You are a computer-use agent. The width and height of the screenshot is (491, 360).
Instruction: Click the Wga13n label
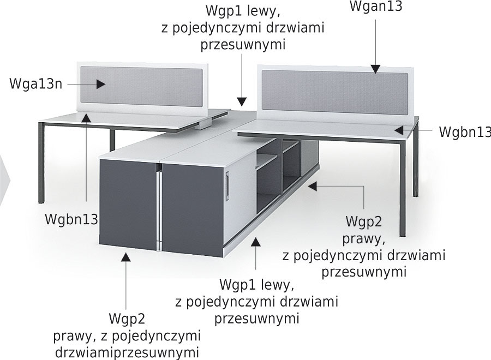pyautogui.click(x=36, y=84)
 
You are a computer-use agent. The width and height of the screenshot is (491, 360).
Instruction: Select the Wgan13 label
pyautogui.click(x=376, y=6)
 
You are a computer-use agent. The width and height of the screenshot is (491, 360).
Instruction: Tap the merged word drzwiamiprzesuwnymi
pyautogui.click(x=127, y=352)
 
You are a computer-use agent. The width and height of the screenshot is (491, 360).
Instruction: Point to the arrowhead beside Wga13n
pyautogui.click(x=100, y=84)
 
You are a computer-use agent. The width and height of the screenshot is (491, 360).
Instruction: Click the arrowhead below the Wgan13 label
pyautogui.click(x=376, y=69)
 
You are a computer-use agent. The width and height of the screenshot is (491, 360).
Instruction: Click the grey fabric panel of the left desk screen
pyautogui.click(x=141, y=86)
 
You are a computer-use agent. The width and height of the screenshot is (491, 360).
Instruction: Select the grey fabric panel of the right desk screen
pyautogui.click(x=335, y=92)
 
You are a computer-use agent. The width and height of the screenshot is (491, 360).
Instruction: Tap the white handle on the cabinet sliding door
pyautogui.click(x=228, y=187)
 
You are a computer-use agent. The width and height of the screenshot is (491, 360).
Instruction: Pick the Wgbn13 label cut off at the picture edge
pyautogui.click(x=465, y=132)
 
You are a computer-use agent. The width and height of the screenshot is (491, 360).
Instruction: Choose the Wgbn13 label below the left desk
pyautogui.click(x=71, y=219)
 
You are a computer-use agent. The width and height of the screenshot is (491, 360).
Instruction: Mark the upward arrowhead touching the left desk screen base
pyautogui.click(x=86, y=117)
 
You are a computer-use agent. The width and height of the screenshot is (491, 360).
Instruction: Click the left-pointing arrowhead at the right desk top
pyautogui.click(x=399, y=130)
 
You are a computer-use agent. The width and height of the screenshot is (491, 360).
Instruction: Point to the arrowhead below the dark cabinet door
pyautogui.click(x=126, y=257)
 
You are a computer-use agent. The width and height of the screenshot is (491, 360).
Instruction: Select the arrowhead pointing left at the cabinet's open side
pyautogui.click(x=313, y=186)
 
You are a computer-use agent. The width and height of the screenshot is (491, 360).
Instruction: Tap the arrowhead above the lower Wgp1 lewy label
pyautogui.click(x=256, y=242)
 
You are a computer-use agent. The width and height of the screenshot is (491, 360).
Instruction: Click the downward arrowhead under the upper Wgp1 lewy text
pyautogui.click(x=242, y=102)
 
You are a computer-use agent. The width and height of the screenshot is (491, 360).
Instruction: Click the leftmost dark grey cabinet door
pyautogui.click(x=128, y=205)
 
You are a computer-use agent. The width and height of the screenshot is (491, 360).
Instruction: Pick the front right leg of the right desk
pyautogui.click(x=403, y=188)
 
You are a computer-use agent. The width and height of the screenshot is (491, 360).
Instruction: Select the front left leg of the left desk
pyautogui.click(x=41, y=163)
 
